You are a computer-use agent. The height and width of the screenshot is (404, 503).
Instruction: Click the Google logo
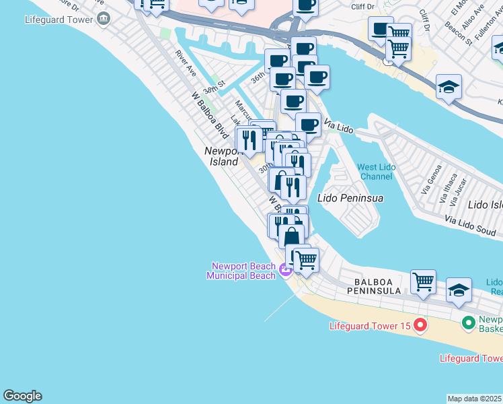22,396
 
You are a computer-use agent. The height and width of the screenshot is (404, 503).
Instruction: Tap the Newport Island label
221,157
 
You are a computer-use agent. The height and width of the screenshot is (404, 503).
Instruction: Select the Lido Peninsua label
350,199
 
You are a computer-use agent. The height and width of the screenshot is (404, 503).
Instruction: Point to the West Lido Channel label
375,172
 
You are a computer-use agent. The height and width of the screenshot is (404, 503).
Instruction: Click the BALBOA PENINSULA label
373,285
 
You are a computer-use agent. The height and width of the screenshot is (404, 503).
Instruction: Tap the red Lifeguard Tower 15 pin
420,327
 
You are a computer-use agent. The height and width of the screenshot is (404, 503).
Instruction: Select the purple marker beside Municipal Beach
286,271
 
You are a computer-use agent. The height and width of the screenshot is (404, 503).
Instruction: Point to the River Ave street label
185,62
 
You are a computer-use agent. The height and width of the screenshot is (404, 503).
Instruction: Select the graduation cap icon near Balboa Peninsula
459,290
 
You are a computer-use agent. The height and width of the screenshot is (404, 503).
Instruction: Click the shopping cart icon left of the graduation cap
423,281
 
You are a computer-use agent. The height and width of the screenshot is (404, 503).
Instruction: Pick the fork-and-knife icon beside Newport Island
249,140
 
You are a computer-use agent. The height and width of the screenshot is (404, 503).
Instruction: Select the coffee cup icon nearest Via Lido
308,125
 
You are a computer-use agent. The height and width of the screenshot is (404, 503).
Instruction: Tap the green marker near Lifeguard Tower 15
469,325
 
